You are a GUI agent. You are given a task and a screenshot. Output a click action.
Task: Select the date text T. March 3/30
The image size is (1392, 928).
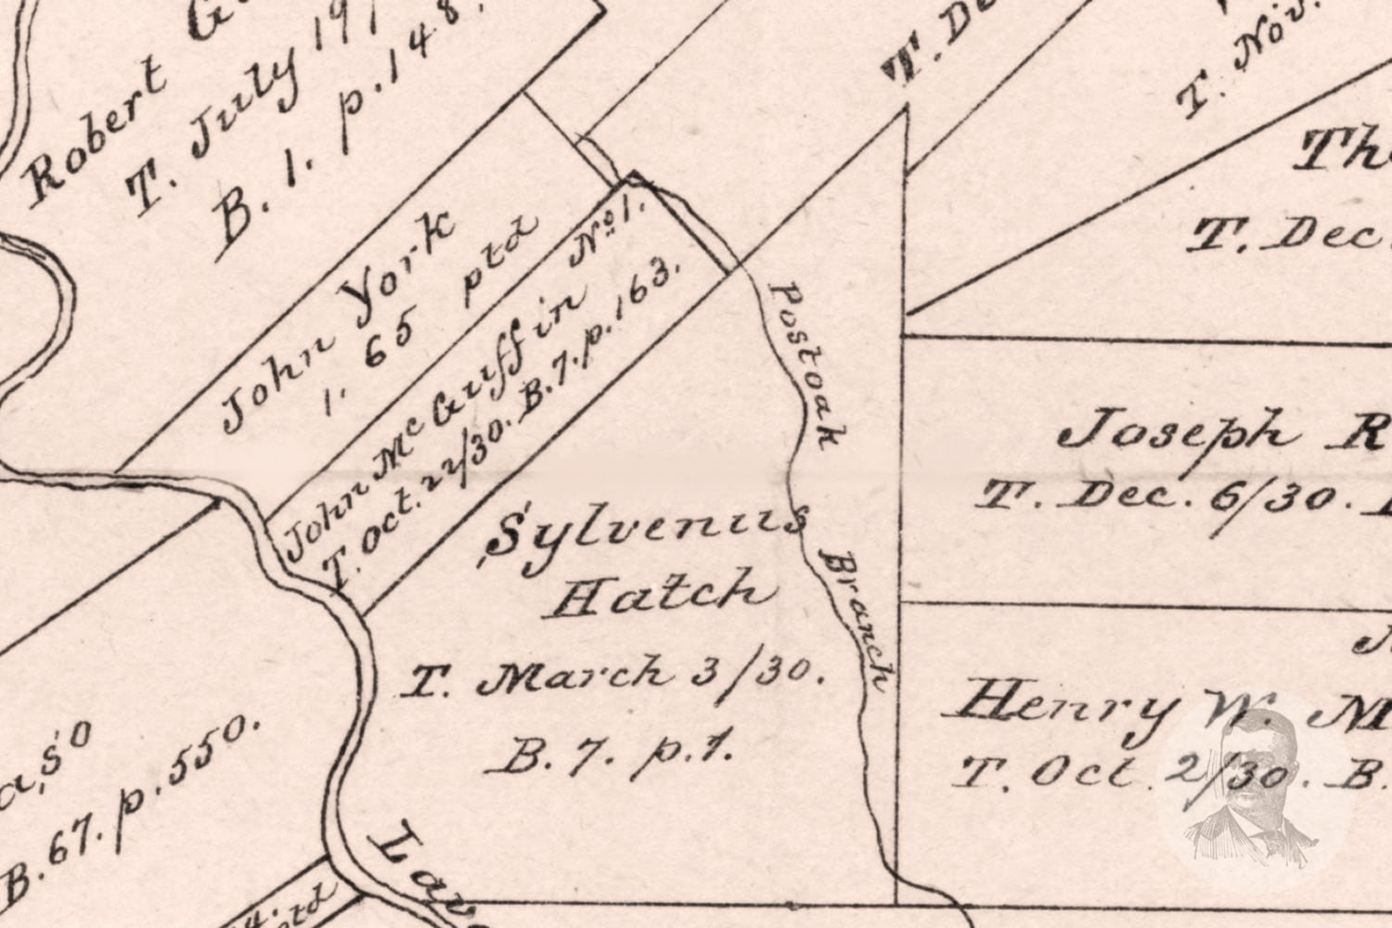pyautogui.click(x=612, y=677)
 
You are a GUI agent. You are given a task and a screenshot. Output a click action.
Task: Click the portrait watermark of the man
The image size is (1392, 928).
pyautogui.click(x=1253, y=789)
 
